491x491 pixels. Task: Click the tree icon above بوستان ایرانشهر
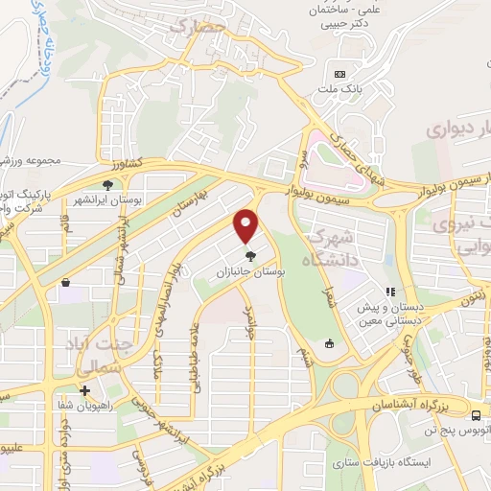point(107,185)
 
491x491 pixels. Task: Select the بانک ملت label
point(340,91)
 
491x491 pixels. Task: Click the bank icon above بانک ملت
point(339,74)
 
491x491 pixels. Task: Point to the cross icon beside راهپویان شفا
point(85,390)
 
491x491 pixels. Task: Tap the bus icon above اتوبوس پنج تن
point(477,414)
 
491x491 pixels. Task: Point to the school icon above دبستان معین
point(389,292)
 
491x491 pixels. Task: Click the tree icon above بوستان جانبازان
point(250,255)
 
